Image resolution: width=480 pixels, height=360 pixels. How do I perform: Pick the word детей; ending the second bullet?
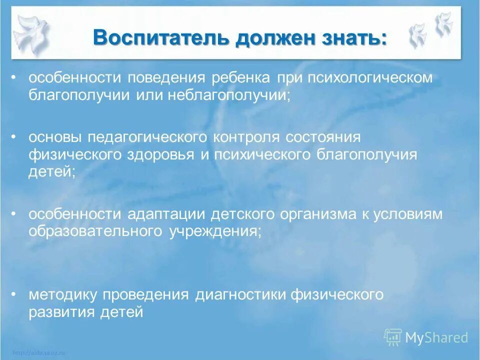(x=52, y=171)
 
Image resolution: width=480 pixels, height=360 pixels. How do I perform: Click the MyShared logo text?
(x=436, y=338)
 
